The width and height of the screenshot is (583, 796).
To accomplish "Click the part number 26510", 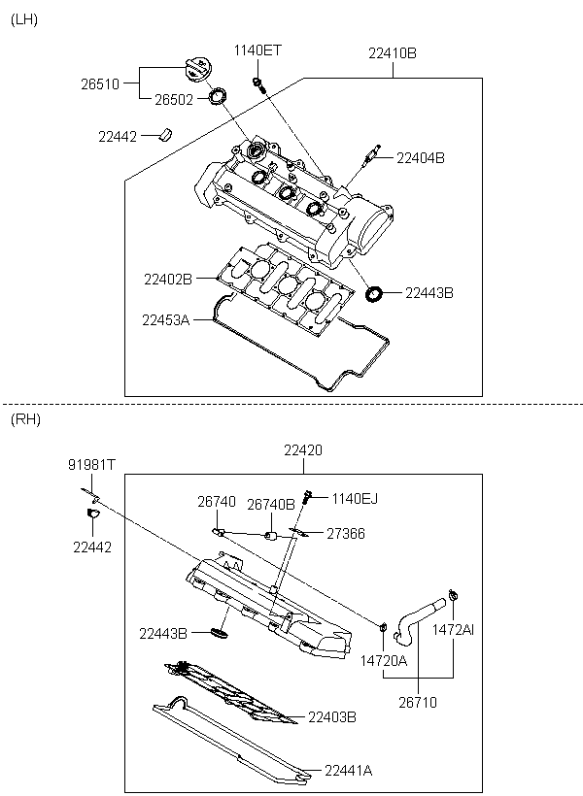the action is [x=100, y=83].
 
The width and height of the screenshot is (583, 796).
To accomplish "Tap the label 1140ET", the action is [x=257, y=50].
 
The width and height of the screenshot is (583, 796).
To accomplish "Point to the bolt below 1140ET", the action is [x=258, y=84].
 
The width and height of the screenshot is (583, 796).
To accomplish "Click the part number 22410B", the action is [x=393, y=52].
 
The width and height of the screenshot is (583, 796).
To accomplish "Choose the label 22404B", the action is [x=421, y=158].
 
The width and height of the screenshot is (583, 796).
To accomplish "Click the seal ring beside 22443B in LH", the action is [x=375, y=293].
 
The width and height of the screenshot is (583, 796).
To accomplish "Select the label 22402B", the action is [x=168, y=279].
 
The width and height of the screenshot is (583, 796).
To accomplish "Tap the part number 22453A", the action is [x=166, y=319].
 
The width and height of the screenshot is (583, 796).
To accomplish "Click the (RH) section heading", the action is [x=25, y=419].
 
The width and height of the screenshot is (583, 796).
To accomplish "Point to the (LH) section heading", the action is [x=24, y=19].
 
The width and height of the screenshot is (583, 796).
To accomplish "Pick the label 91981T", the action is [x=92, y=465].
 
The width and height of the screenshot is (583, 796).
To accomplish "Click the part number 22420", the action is [x=303, y=450].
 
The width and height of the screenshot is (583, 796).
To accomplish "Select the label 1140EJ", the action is [x=355, y=499].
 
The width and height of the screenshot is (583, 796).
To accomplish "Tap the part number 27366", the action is [x=346, y=534].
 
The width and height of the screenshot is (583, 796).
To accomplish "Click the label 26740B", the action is [x=271, y=504].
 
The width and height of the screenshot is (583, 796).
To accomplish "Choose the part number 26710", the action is [x=418, y=702].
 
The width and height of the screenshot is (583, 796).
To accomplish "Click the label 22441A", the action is [x=348, y=771].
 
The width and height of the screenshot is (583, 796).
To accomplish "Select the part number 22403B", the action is [x=332, y=716].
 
